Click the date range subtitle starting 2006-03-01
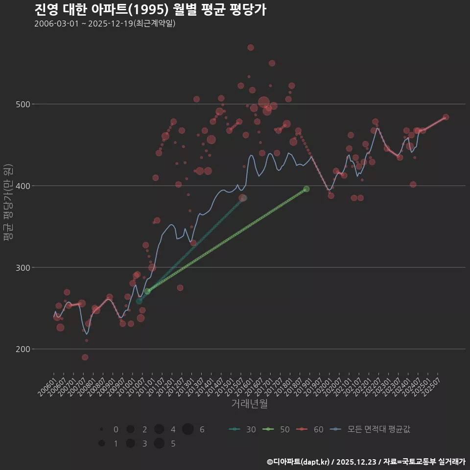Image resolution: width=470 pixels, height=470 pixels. [105, 24]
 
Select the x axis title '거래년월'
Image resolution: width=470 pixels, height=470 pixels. [249, 404]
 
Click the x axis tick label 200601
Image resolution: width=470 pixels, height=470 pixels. [47, 387]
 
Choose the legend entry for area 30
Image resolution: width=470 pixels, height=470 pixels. [242, 429]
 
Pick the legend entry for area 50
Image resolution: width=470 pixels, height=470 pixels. [276, 429]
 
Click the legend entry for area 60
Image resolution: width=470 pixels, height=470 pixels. [310, 429]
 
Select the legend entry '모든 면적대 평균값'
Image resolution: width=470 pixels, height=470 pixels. [370, 429]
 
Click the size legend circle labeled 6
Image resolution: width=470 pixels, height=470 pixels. [188, 429]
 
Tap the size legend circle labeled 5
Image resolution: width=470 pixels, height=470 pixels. [159, 444]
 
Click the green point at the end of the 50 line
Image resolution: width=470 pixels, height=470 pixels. [306, 189]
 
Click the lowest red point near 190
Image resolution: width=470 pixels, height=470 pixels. [85, 357]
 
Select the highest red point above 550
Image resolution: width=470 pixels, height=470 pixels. [251, 47]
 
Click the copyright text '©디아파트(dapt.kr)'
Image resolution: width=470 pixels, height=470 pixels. [298, 461]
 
